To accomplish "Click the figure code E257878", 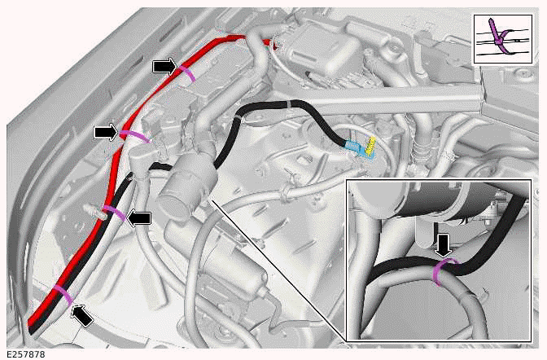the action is coord(26,354).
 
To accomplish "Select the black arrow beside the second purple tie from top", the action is coord(107,132).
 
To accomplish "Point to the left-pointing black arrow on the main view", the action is coord(138,218).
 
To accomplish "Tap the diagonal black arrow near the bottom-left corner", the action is coord(82,315).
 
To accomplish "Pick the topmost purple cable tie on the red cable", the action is coord(186,74).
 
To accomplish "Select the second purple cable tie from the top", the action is coord(134,136).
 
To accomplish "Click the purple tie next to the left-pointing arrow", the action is coord(115,213).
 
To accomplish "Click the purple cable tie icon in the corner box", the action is coord(498,37).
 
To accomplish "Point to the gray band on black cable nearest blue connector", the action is coord(290,104).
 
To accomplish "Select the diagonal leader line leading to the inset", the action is coord(278,270).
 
